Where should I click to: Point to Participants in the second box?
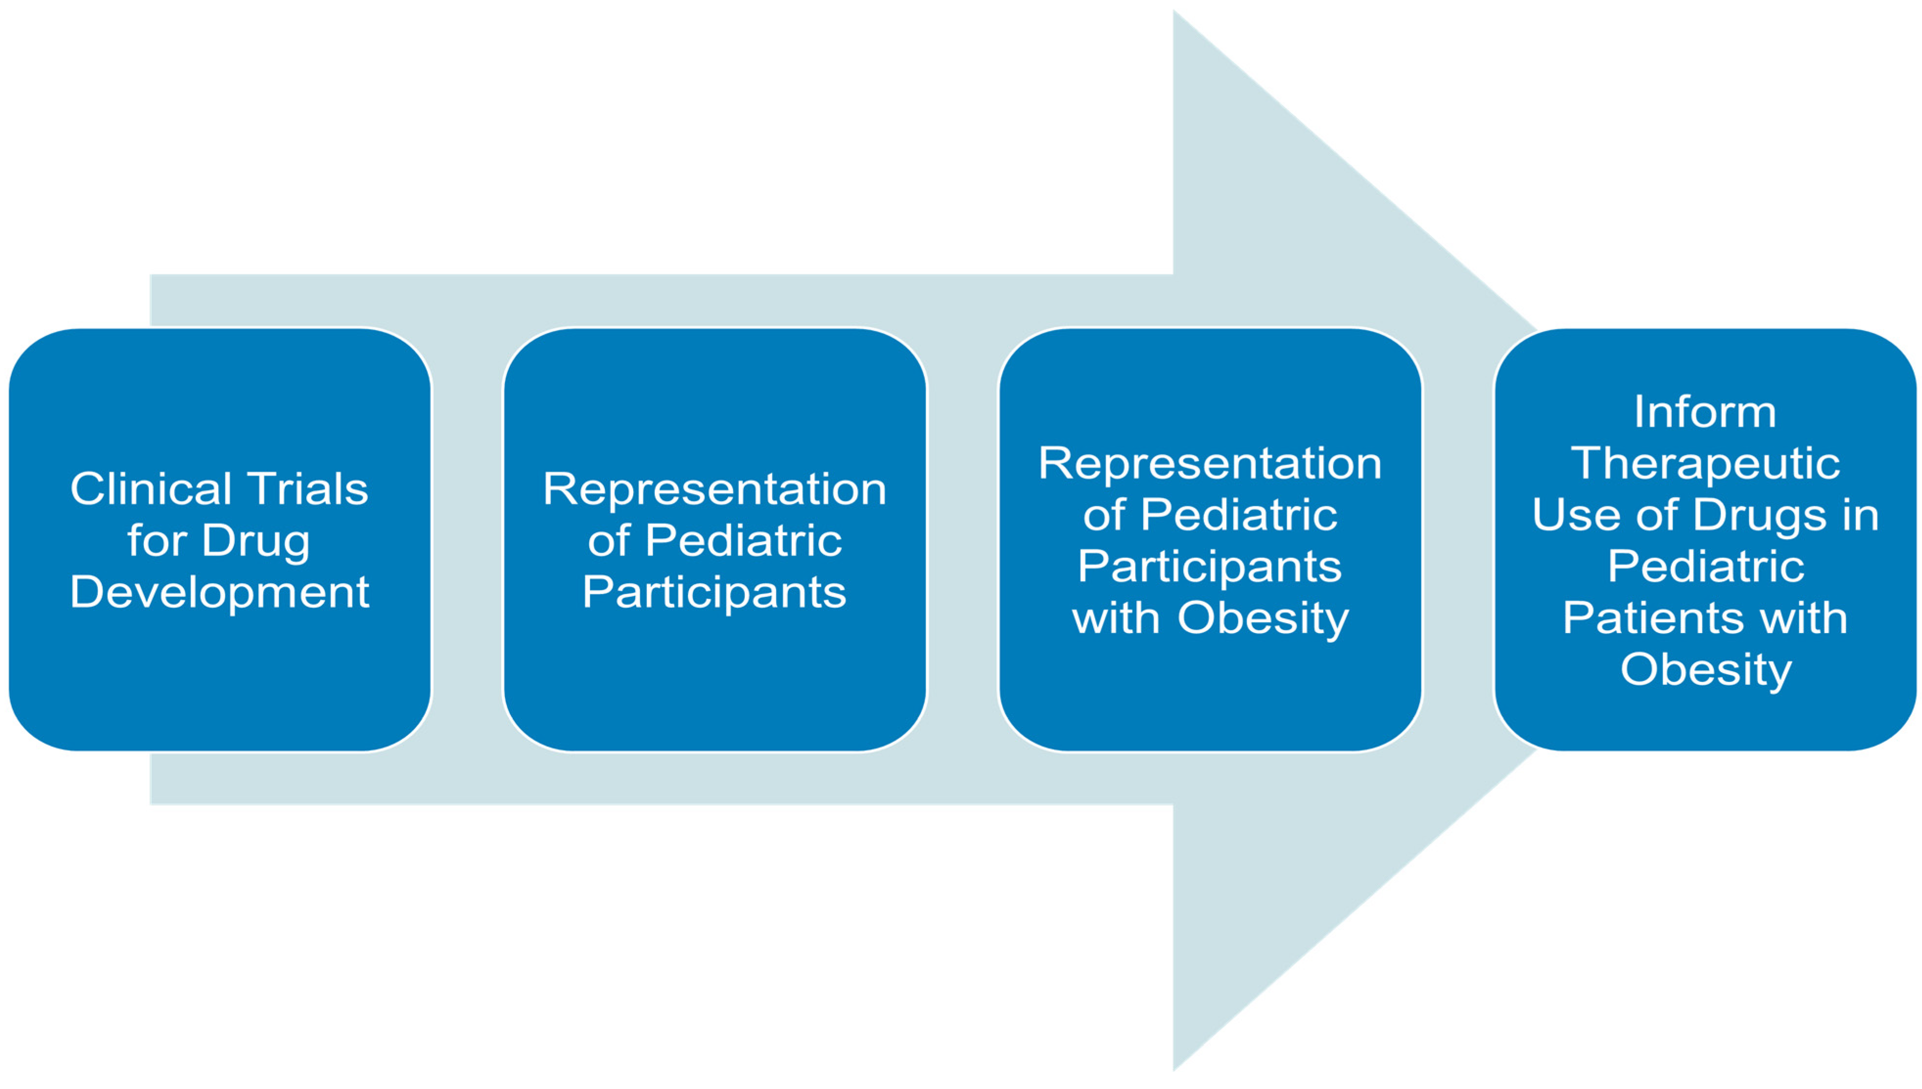[x=714, y=593]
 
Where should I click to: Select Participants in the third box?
[x=1209, y=567]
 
